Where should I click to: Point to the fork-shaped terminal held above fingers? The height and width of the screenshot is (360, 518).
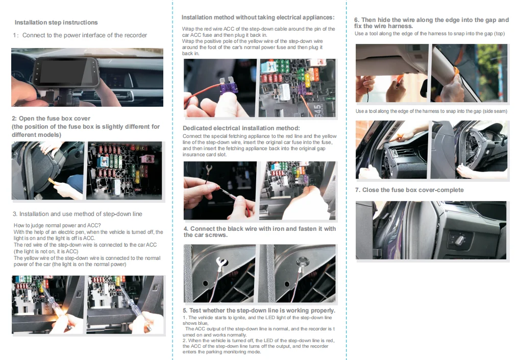tap(209, 169)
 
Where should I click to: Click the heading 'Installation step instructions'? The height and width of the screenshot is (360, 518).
tap(56, 22)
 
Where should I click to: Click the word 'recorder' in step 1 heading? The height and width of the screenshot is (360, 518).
tap(135, 35)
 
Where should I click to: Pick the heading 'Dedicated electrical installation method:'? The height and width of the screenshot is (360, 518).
tap(241, 128)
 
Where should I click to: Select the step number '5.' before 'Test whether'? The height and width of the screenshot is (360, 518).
tap(186, 310)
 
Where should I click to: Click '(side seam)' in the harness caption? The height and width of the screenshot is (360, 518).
tap(494, 111)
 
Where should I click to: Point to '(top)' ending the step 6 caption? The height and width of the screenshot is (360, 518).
tap(499, 34)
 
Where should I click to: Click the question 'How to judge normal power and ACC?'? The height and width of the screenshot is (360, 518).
tap(57, 226)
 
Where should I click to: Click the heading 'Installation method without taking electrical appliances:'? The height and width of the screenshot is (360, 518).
tap(258, 18)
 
